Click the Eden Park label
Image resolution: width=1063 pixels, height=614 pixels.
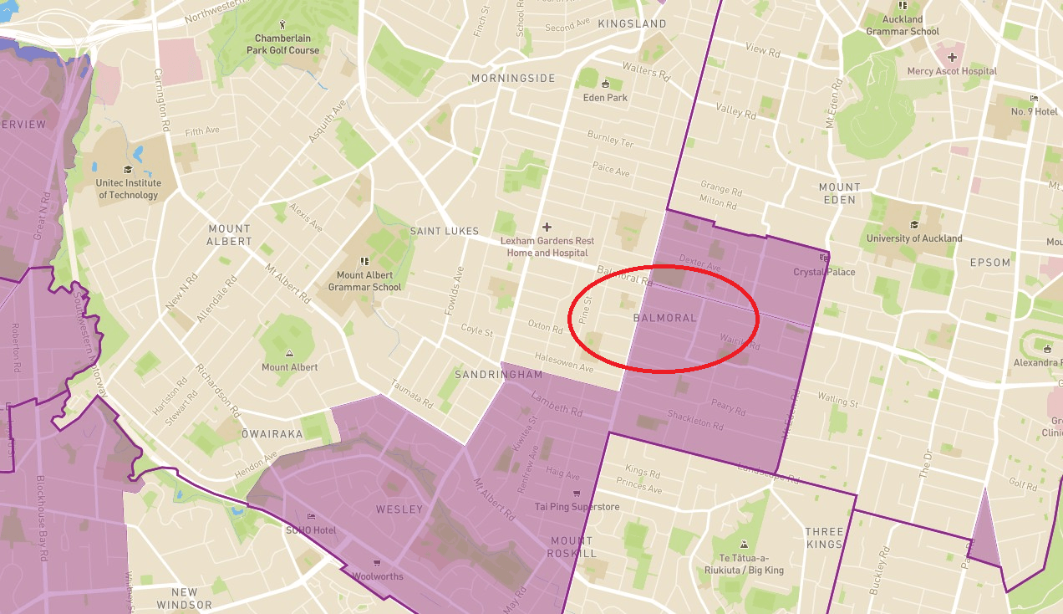pyautogui.click(x=606, y=98)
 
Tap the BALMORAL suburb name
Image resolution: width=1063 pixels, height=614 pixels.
pyautogui.click(x=664, y=319)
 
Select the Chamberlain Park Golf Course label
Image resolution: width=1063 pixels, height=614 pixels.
pyautogui.click(x=282, y=44)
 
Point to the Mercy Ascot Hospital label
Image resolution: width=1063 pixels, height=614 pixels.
pyautogui.click(x=952, y=71)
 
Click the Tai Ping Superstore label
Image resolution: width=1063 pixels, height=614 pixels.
pyautogui.click(x=577, y=507)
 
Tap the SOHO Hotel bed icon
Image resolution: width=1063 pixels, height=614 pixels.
pyautogui.click(x=311, y=517)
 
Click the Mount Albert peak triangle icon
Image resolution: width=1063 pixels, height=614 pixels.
pyautogui.click(x=289, y=354)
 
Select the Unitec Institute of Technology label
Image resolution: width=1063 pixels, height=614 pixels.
pyautogui.click(x=128, y=189)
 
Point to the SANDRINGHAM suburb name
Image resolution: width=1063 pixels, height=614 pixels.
pyautogui.click(x=498, y=375)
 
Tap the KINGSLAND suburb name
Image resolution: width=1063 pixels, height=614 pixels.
pyautogui.click(x=632, y=24)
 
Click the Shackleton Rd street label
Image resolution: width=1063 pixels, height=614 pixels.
pyautogui.click(x=694, y=419)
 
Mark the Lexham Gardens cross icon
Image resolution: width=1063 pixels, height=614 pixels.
pyautogui.click(x=547, y=227)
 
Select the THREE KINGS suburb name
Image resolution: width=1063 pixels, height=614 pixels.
pyautogui.click(x=824, y=538)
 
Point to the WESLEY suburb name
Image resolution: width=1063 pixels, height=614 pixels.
pyautogui.click(x=399, y=509)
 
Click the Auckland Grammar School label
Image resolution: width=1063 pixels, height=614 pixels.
pyautogui.click(x=903, y=25)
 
